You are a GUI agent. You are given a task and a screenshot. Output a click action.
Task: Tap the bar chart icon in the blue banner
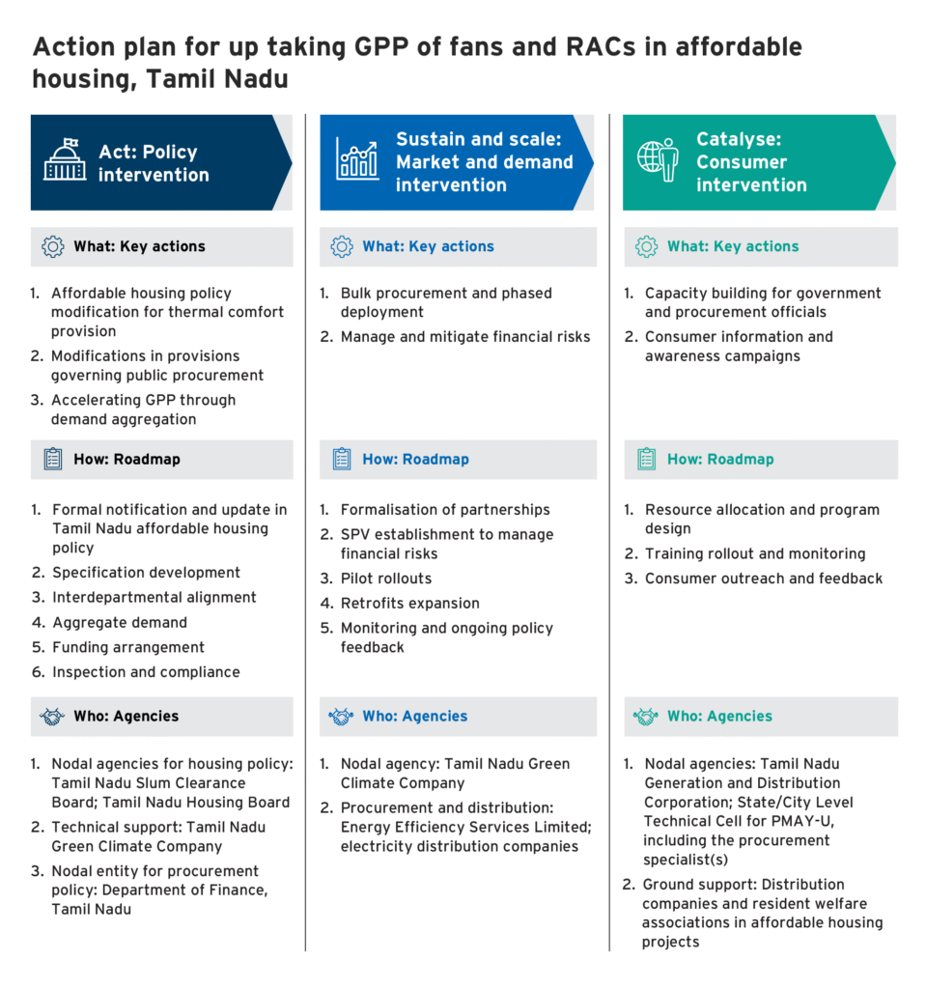pyautogui.click(x=357, y=159)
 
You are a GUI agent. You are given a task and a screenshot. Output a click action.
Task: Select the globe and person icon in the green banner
pyautogui.click(x=658, y=160)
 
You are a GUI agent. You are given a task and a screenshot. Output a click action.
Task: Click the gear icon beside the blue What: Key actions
pyautogui.click(x=342, y=246)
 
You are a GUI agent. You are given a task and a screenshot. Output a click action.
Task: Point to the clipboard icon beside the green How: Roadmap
pyautogui.click(x=646, y=460)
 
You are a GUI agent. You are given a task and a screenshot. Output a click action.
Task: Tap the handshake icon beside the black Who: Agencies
pyautogui.click(x=52, y=717)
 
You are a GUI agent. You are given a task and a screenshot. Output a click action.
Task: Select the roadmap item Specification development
pyautogui.click(x=146, y=573)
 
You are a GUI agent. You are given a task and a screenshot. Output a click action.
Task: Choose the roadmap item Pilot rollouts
pyautogui.click(x=385, y=579)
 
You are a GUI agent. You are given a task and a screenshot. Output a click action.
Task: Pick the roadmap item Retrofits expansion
pyautogui.click(x=409, y=604)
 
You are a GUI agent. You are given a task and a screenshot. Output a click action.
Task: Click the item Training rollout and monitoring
pyautogui.click(x=755, y=553)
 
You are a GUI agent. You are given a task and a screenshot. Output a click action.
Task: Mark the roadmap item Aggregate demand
pyautogui.click(x=120, y=623)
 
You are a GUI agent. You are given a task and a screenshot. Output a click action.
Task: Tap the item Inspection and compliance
pyautogui.click(x=146, y=672)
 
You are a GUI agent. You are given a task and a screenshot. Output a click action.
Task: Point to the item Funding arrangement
pyautogui.click(x=128, y=647)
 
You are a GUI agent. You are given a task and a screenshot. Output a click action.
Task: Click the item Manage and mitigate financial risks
pyautogui.click(x=464, y=337)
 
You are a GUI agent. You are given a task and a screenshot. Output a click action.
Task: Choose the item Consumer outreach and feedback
pyautogui.click(x=764, y=579)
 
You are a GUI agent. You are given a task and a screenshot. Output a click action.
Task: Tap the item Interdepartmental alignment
pyautogui.click(x=154, y=598)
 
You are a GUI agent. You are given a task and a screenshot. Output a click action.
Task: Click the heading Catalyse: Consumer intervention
pyautogui.click(x=751, y=162)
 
